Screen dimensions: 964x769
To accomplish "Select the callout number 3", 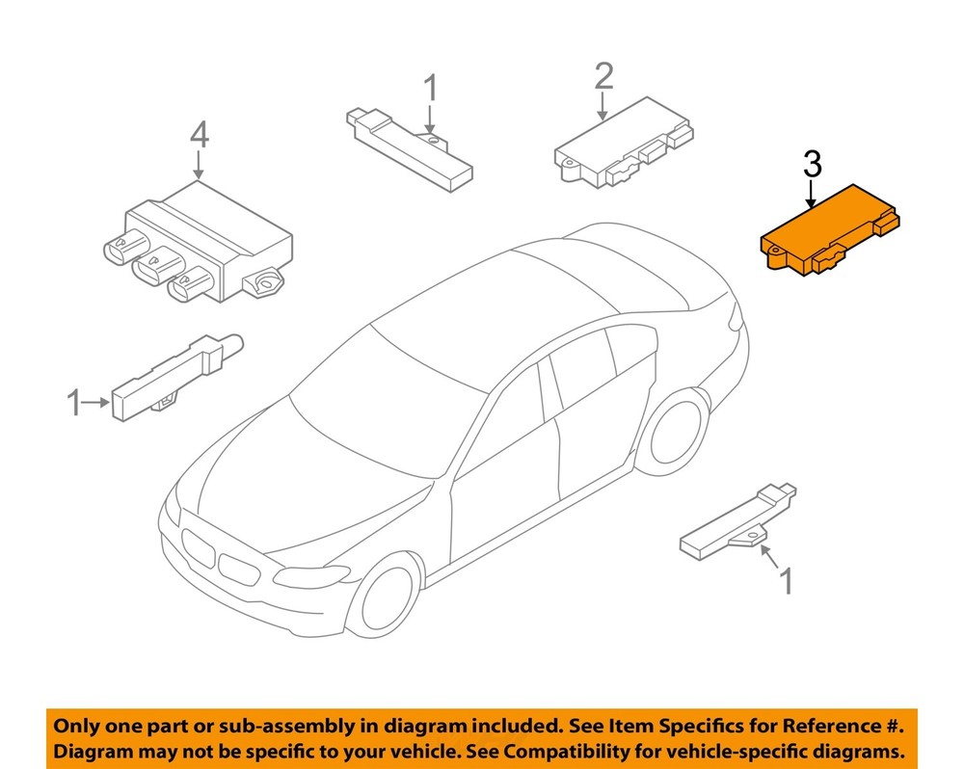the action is click(x=812, y=166).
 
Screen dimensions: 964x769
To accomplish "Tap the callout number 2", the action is click(x=603, y=76).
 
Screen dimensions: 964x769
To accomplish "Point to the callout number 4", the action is click(x=200, y=135).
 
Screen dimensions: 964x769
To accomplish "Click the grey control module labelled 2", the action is click(x=624, y=143).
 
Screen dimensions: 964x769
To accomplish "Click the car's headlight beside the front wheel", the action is click(x=310, y=576).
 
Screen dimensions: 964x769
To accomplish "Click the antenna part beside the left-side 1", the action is click(x=177, y=377).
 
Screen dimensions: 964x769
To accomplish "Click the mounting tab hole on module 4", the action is click(x=267, y=282).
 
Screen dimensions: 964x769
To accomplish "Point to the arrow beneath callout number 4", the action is click(x=199, y=165).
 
